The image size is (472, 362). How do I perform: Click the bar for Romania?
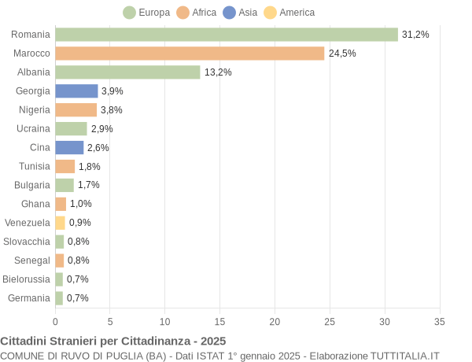227,35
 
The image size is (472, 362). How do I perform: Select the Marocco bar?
190,54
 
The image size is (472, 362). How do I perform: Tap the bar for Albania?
127,72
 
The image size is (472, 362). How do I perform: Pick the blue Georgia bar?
76,91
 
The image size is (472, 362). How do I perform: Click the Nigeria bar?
76,110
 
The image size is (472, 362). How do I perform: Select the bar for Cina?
69,148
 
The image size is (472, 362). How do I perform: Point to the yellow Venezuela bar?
60,223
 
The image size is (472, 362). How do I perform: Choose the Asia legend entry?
240,13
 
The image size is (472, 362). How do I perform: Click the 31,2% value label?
415,35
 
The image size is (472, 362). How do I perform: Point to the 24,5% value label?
342,54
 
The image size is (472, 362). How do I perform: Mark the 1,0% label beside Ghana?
81,204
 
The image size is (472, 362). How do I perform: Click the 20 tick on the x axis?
275,321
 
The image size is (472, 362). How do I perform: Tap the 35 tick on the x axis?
440,321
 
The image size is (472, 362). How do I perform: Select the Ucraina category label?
33,129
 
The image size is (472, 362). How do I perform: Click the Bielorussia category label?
27,279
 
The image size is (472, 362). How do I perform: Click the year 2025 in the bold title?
212,341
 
